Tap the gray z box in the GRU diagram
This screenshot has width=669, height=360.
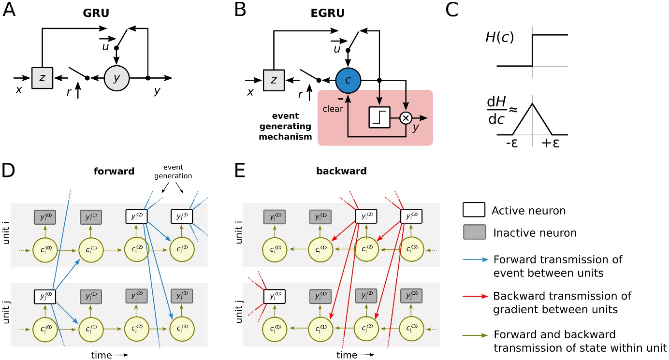[x=42, y=77]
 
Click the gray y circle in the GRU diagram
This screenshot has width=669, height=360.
[x=116, y=77]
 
